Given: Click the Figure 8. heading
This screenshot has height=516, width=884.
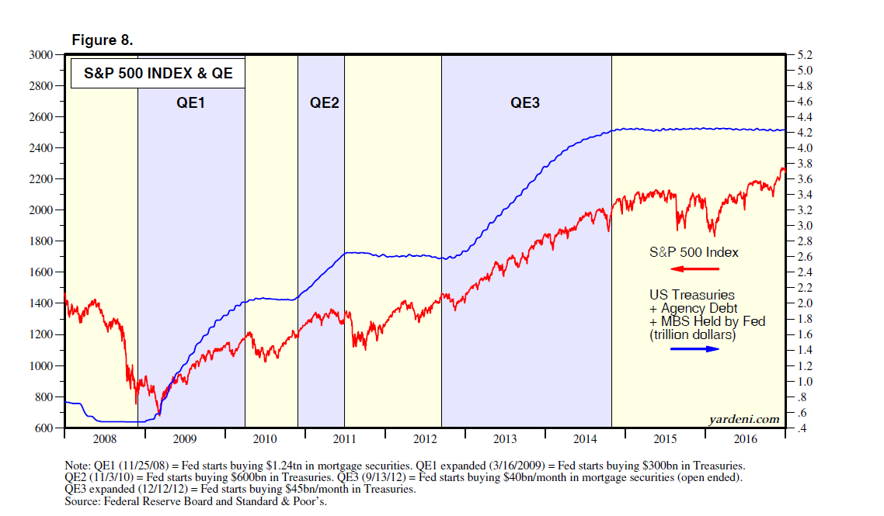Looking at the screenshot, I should tap(102, 40).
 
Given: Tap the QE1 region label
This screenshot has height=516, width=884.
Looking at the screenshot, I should tap(190, 102).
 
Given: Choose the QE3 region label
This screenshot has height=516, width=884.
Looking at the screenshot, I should tap(525, 102).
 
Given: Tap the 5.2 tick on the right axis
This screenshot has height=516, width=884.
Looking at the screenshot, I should tap(799, 55).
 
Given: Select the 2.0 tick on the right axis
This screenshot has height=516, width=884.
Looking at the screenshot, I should tap(799, 303).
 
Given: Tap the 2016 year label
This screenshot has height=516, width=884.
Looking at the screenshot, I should tap(745, 439).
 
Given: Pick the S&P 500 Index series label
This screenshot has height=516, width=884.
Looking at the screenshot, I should tap(694, 252).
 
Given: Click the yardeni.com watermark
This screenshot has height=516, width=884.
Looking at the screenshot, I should tap(744, 419).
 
